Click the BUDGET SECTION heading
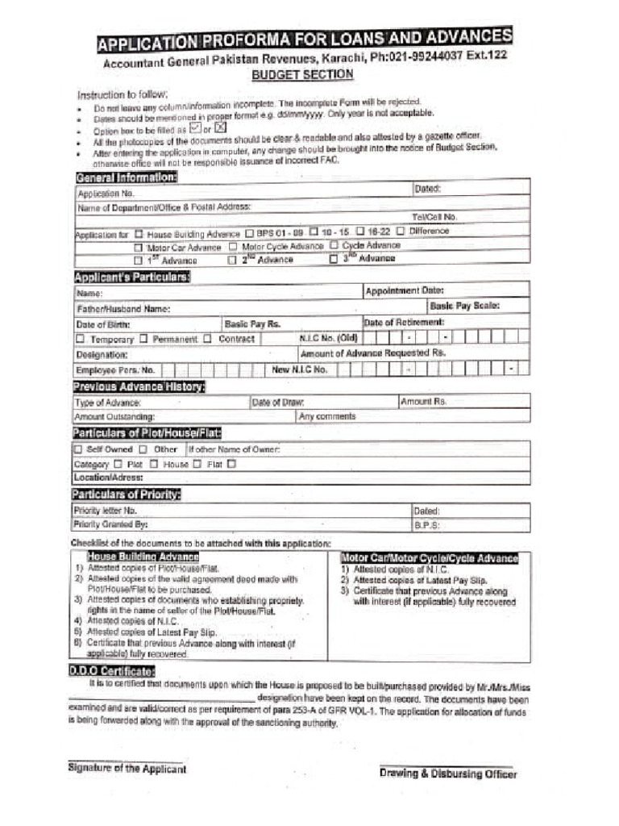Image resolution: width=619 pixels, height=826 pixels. (x=302, y=75)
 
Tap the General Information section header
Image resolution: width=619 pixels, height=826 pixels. (x=126, y=177)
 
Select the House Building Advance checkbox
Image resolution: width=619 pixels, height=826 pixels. (x=139, y=233)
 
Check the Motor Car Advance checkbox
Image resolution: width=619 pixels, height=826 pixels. (x=139, y=247)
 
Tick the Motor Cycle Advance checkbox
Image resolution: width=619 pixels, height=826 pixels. (x=233, y=247)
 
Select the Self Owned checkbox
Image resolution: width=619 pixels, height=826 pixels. (x=78, y=449)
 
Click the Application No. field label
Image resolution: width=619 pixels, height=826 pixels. (x=106, y=194)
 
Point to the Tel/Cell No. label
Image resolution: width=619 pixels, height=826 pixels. (x=434, y=216)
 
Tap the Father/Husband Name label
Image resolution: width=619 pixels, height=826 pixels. (x=123, y=309)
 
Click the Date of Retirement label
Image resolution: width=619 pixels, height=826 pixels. (x=403, y=322)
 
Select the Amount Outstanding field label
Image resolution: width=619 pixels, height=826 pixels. (x=114, y=417)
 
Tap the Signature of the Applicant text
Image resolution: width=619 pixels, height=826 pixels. (x=127, y=769)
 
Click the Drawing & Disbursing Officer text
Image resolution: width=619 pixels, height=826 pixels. (x=448, y=774)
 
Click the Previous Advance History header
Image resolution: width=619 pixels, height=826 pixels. (x=138, y=387)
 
